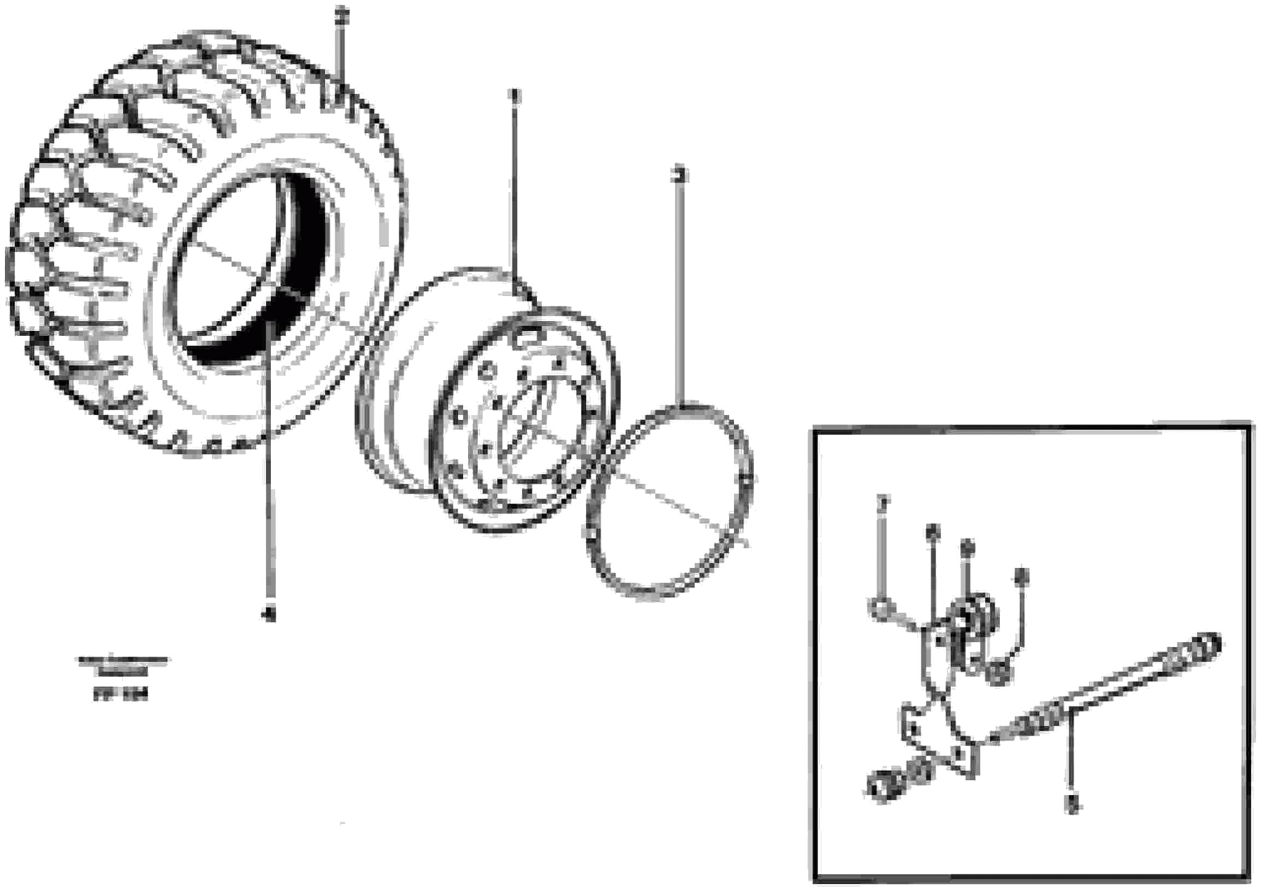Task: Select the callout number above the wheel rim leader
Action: (x=514, y=96)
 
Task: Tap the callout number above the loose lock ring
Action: (x=680, y=175)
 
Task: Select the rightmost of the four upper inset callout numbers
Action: (x=1021, y=577)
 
